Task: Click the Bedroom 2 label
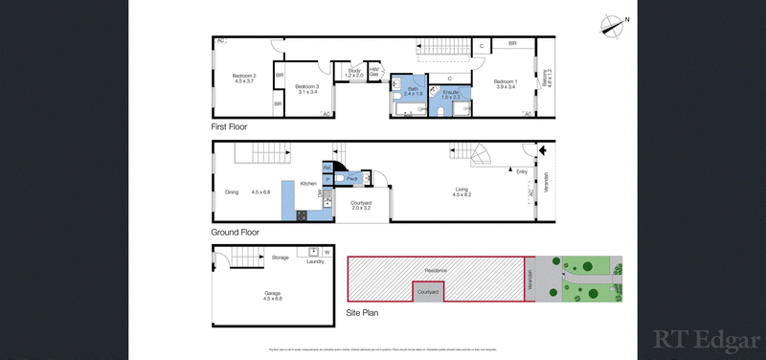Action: [x=244, y=79]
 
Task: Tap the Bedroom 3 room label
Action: [x=305, y=88]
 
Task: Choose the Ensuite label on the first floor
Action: [x=451, y=94]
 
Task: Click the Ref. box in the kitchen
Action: [x=327, y=169]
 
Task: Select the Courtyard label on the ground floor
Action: [x=361, y=205]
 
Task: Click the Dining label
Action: [x=232, y=192]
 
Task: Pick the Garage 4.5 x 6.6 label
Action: [x=273, y=296]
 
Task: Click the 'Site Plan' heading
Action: [x=362, y=312]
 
